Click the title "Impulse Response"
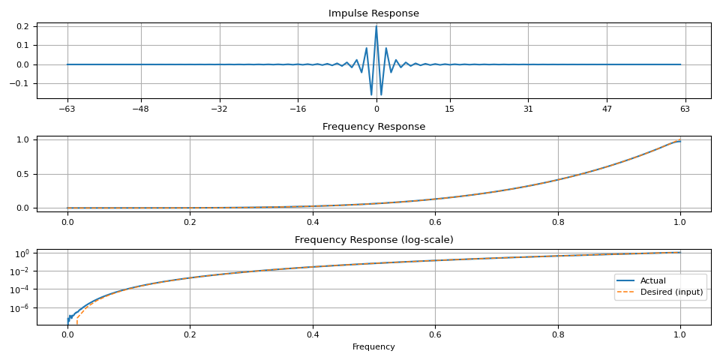373,13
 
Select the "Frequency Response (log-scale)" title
373,240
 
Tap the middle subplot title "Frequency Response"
373,127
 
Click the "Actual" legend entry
652,280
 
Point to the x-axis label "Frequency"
373,347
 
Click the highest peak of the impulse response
376,27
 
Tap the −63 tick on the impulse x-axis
67,109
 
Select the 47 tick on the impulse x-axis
606,109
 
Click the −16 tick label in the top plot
297,109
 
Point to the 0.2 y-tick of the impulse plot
22,26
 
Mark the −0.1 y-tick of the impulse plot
19,83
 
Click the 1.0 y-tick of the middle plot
22,139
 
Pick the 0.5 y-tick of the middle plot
22,174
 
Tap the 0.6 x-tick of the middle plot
435,222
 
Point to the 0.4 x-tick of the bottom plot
313,335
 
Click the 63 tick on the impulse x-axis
685,109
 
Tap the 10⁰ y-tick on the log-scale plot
22,253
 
